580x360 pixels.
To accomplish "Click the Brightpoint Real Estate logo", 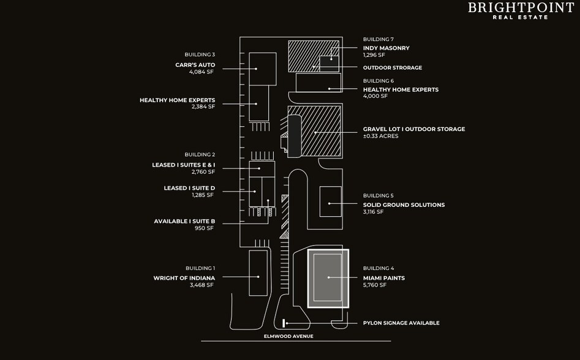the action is coord(521,11).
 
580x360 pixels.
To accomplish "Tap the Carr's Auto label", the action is coord(195,65).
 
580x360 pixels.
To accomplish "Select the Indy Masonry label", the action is coord(386,48).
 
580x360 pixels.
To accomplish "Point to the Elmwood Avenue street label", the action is coord(288,336).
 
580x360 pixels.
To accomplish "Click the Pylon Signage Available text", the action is coord(401,323).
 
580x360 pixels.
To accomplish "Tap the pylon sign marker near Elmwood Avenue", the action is coord(284,323).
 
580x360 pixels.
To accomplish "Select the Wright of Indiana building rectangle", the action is coord(258,273).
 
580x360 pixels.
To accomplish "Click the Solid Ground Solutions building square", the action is coord(331,201).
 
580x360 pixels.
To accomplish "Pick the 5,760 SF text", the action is coord(375,285).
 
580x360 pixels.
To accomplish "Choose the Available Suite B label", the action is coord(184,222).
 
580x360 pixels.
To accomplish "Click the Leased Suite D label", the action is coord(189,188).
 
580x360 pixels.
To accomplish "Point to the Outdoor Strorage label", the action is coord(393,67).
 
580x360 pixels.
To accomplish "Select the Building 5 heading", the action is coord(379,195).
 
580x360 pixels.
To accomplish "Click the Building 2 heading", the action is coord(200,154).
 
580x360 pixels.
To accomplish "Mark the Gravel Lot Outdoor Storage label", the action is coord(414,129).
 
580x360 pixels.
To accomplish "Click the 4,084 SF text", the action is coord(201,72).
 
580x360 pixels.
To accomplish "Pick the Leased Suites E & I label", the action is coord(184,165).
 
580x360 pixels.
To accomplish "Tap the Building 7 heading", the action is coord(379,39).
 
